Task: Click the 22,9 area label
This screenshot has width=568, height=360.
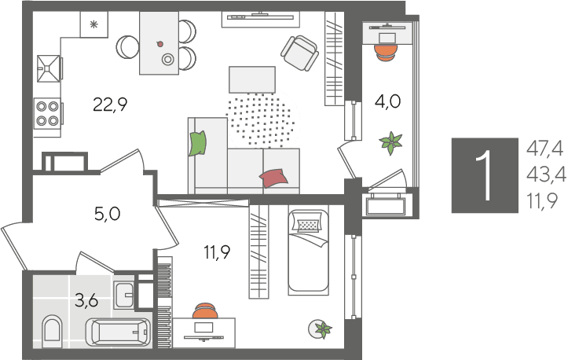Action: [x=110, y=105]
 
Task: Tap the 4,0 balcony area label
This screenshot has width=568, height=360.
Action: [x=387, y=101]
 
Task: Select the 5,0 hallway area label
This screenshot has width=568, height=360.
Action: [x=107, y=214]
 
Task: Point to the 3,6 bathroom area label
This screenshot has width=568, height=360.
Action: [x=86, y=300]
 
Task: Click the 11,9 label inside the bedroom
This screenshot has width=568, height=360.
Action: [x=218, y=252]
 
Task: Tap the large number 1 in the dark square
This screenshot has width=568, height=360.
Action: [x=484, y=175]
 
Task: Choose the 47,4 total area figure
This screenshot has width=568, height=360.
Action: [x=544, y=149]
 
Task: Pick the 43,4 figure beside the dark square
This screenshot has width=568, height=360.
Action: [x=546, y=175]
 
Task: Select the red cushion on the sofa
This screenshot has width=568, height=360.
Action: [x=273, y=178]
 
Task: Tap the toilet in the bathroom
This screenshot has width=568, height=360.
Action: [x=52, y=331]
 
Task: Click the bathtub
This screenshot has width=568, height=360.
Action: [x=118, y=332]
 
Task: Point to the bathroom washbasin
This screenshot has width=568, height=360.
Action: [x=124, y=295]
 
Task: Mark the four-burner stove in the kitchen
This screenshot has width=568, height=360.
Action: [x=47, y=112]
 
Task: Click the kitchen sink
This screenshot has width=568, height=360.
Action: [x=48, y=68]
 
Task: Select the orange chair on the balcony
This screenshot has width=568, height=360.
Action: [x=386, y=52]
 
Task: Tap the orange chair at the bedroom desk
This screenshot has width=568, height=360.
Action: [x=205, y=310]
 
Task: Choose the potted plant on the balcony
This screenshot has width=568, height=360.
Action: [x=390, y=143]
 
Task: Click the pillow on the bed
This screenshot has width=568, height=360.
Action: [x=308, y=223]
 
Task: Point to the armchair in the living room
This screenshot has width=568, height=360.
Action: [x=299, y=53]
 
